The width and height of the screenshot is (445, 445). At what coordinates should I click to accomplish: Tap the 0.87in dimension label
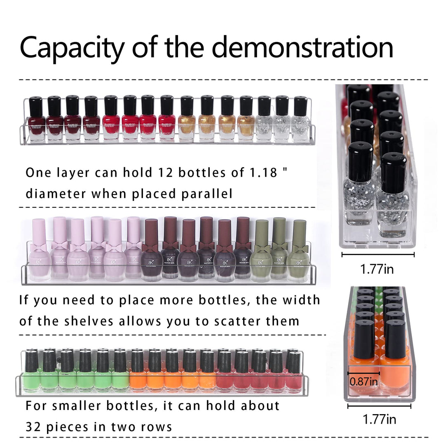tap(363, 382)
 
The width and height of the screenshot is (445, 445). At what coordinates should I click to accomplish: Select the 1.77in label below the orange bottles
tap(379, 419)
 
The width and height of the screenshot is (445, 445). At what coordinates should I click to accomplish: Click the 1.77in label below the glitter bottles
tap(377, 269)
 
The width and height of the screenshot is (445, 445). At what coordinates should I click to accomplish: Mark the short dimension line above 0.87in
tap(363, 373)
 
